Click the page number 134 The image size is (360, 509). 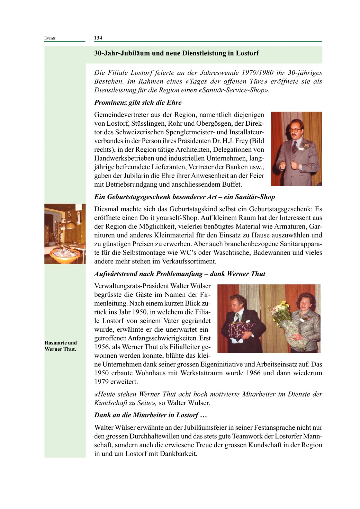point(98,38)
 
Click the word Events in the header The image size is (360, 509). point(50,38)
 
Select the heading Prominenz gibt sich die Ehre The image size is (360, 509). point(138,103)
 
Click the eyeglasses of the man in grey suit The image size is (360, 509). point(295,130)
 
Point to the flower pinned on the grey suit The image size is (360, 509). point(306,145)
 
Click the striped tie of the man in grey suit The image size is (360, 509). point(294,147)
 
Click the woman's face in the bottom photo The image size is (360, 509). point(304,304)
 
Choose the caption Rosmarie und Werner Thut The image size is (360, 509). point(60,346)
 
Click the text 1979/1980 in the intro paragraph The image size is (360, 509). point(257,73)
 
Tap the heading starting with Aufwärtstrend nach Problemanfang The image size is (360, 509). point(180,274)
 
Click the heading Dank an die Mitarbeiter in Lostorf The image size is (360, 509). point(150,415)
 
